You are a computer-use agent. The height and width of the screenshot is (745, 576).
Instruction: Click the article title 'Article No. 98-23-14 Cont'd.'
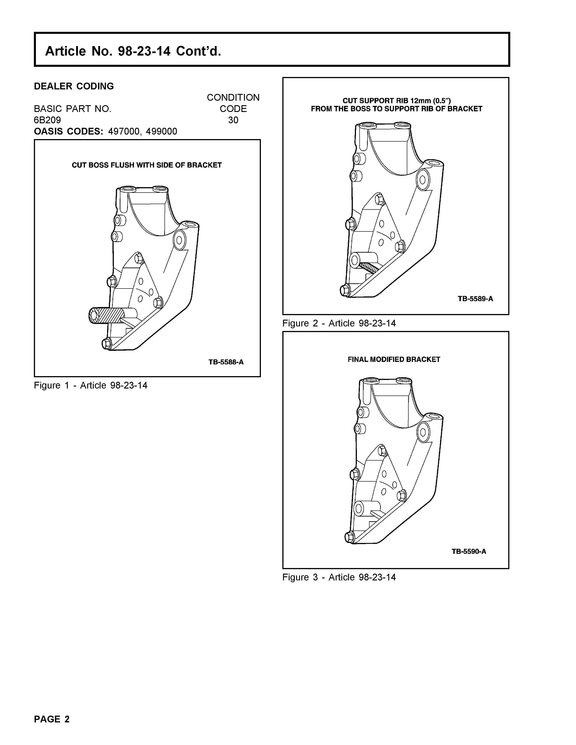coord(133,51)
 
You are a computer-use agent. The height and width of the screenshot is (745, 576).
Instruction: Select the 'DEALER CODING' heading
coord(74,86)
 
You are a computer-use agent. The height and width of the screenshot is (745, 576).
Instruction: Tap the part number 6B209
coord(47,120)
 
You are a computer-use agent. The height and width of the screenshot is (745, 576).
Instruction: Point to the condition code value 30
coord(233,120)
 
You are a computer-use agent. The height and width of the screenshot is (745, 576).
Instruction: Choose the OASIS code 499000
coord(162,132)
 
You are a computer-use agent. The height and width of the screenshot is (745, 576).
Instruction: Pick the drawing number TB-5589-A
coord(475,299)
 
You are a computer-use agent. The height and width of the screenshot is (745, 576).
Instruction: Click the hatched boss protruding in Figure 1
coord(106,316)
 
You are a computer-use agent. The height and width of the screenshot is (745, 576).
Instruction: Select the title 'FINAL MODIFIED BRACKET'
coord(394,360)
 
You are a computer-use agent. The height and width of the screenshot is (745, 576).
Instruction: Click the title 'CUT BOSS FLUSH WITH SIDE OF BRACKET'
coord(147,165)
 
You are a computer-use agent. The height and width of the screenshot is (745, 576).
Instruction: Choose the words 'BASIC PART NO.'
coord(73,109)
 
